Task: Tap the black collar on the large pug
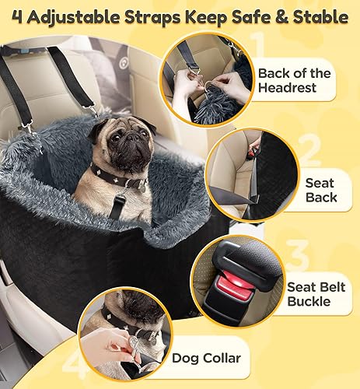(x=117, y=178)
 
